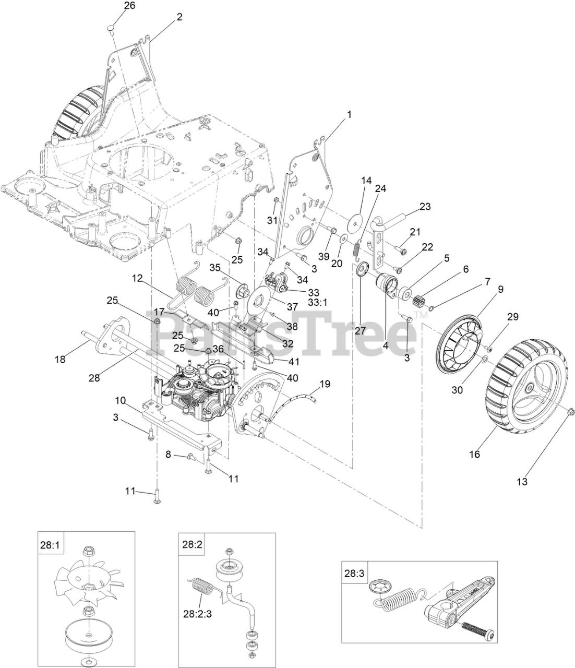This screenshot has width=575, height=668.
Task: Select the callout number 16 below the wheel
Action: click(x=474, y=455)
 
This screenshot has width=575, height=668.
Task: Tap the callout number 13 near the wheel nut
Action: click(x=522, y=482)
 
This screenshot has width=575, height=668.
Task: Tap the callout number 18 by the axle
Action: click(x=61, y=359)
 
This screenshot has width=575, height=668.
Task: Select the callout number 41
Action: click(x=293, y=361)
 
